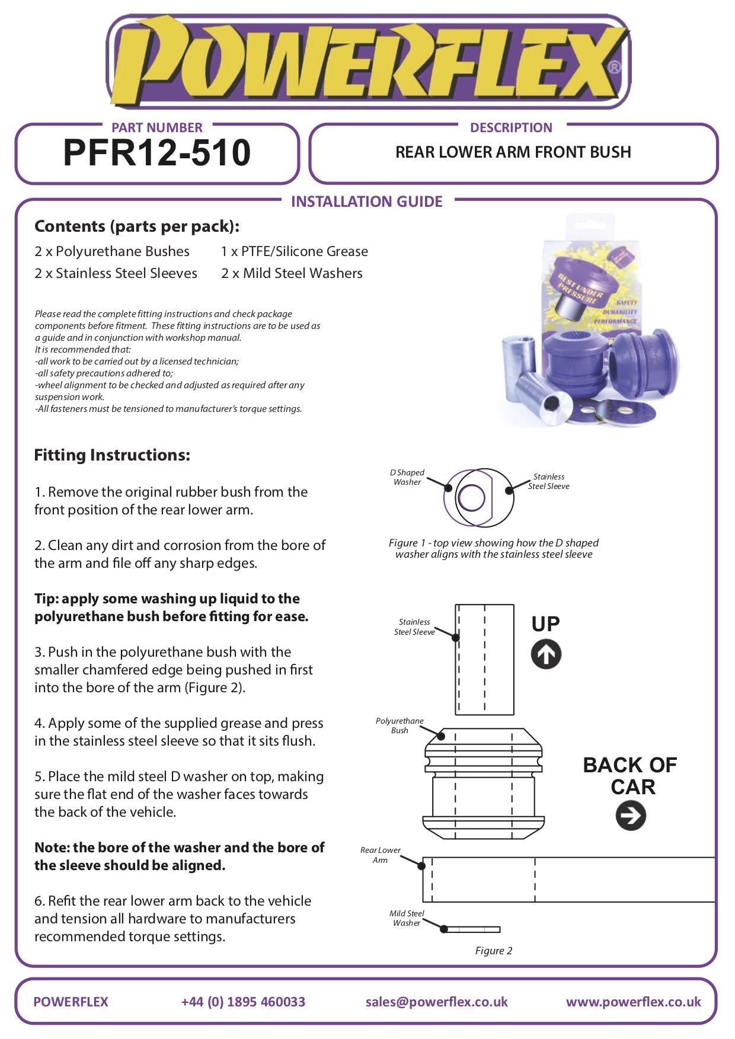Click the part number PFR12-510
tap(156, 153)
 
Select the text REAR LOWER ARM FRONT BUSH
tap(513, 152)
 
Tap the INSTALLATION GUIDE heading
tap(366, 202)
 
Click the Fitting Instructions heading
tap(112, 455)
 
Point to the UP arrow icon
tap(546, 654)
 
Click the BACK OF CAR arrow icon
tap(631, 816)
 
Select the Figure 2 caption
tap(493, 951)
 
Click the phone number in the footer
tap(243, 1002)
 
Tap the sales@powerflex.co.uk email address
tap(436, 1002)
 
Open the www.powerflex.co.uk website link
tap(633, 1002)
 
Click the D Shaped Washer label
tap(407, 477)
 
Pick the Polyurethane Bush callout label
tap(400, 725)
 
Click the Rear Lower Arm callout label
tap(380, 855)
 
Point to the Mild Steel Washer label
tap(407, 918)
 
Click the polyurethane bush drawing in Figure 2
tap(484, 782)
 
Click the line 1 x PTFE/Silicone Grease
tap(294, 251)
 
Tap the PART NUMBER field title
tap(156, 127)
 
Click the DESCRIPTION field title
tap(510, 127)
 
